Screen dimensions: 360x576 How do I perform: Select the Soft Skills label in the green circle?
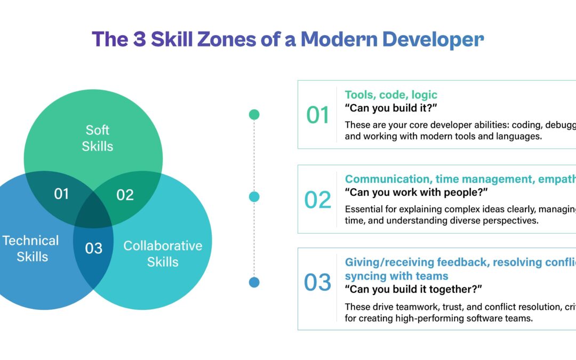[98, 138]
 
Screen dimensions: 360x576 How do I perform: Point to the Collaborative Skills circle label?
[163, 253]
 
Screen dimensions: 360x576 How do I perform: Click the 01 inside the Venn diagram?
[61, 194]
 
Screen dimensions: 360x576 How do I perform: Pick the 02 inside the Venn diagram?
[125, 195]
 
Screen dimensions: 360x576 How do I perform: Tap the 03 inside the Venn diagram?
[94, 248]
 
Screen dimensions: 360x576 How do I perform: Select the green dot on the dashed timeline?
[254, 114]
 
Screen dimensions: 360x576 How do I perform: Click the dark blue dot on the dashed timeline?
[254, 282]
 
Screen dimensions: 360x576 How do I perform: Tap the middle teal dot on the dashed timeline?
[254, 197]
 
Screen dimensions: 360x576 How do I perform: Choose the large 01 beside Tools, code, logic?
[318, 116]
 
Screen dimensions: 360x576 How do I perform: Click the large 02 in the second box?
[318, 199]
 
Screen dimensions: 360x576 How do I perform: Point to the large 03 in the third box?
[318, 283]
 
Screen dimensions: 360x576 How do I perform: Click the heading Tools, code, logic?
[391, 95]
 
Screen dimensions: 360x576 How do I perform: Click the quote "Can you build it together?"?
[413, 290]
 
